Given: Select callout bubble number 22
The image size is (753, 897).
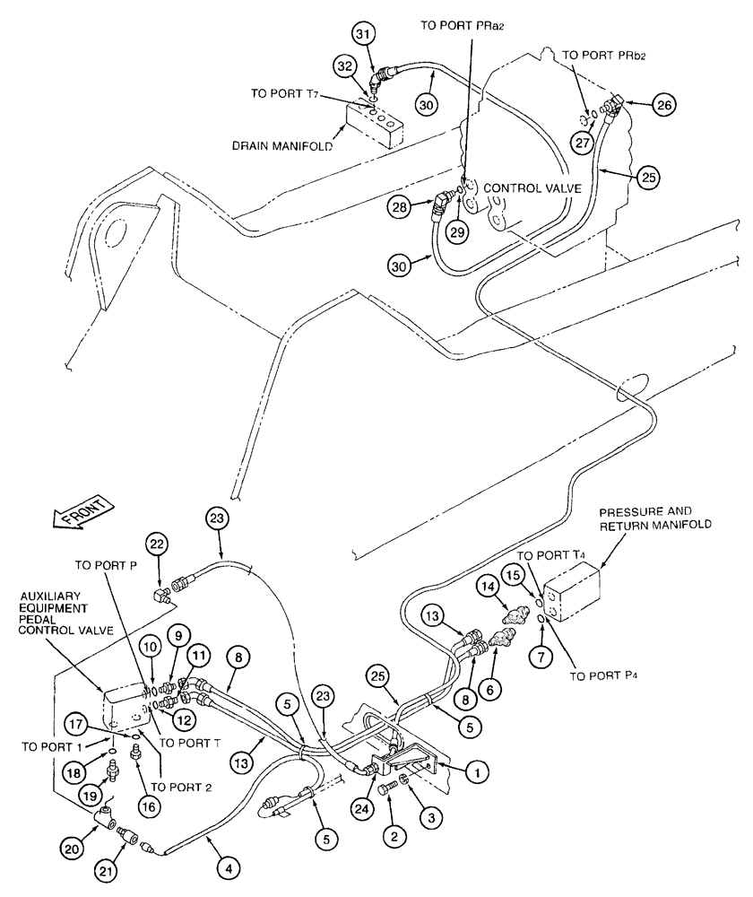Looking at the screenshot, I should (158, 544).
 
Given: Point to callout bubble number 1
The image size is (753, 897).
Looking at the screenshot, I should (480, 769).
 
